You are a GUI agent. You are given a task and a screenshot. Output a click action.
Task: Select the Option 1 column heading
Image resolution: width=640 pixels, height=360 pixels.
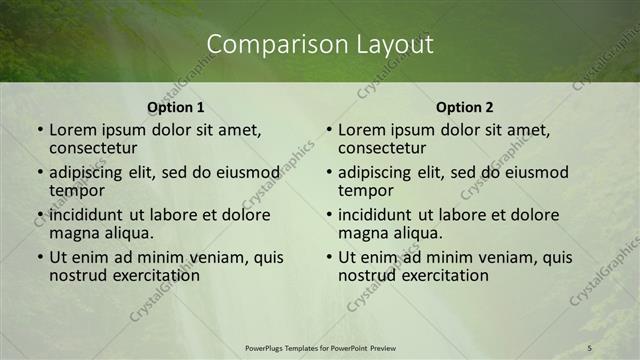click(175, 107)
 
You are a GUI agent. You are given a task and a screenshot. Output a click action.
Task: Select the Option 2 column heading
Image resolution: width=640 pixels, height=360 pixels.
click(464, 107)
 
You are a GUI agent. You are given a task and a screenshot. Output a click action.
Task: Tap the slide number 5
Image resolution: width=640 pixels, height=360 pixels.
click(590, 347)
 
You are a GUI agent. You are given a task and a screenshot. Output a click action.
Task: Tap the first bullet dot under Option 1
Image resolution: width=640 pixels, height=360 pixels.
click(39, 130)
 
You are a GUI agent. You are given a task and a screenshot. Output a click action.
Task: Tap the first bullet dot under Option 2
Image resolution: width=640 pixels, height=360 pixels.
click(328, 130)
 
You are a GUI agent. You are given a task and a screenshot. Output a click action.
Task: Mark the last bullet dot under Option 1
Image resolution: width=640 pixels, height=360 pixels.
click(39, 257)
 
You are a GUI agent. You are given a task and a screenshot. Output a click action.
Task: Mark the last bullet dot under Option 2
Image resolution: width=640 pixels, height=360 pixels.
click(328, 257)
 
